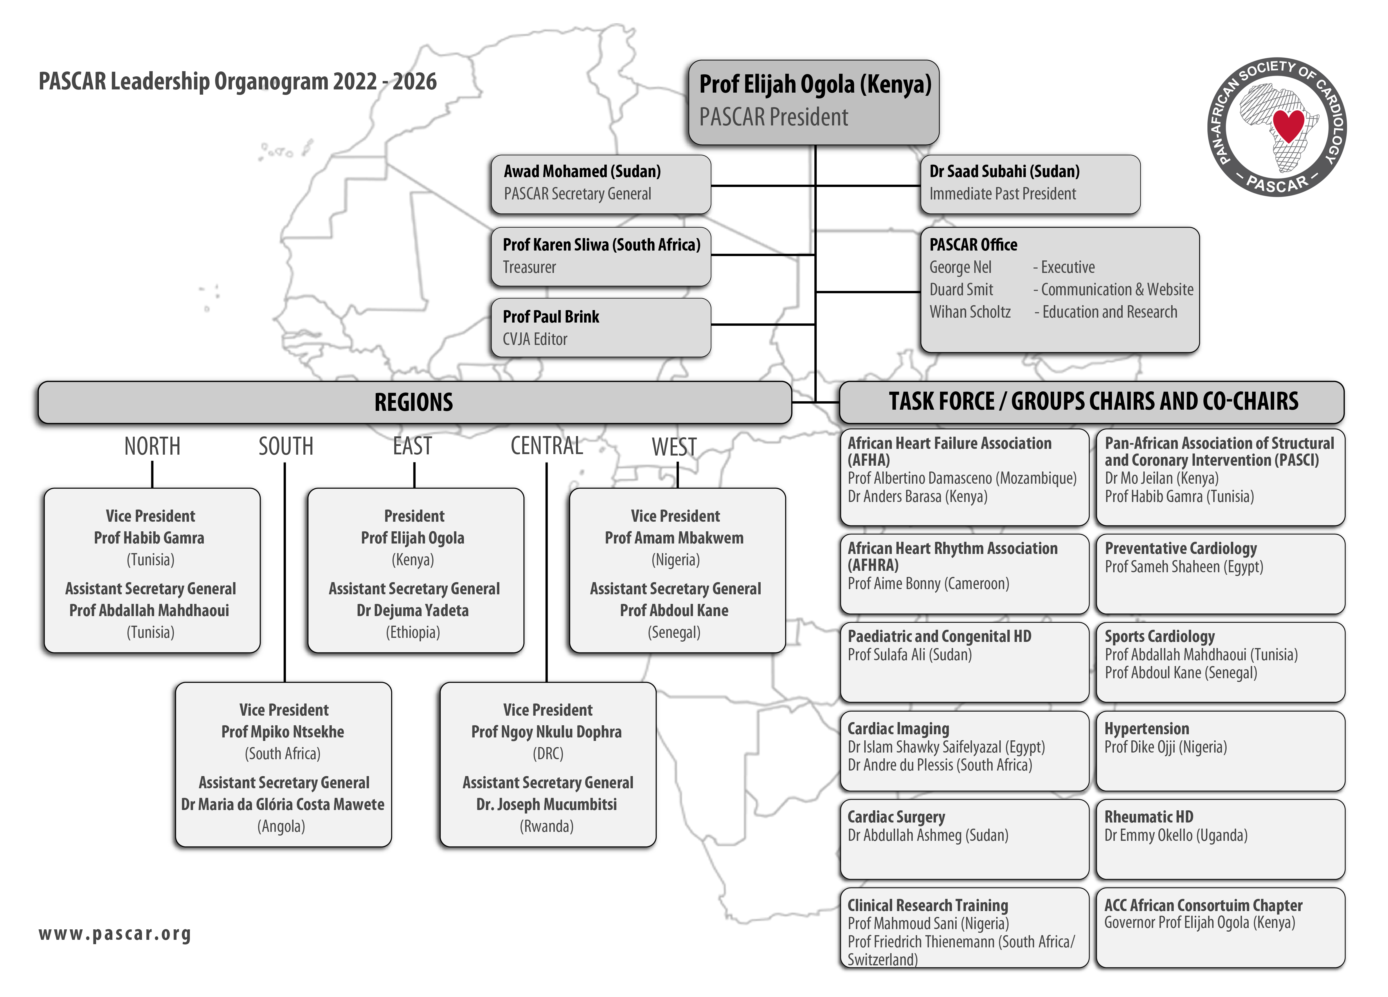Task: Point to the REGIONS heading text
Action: (414, 402)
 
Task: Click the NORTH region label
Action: (152, 446)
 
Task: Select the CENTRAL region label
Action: (546, 446)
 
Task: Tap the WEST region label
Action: (674, 446)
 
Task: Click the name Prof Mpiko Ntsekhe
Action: (283, 732)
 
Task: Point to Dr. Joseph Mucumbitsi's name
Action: (546, 804)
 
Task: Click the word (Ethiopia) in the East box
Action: (413, 632)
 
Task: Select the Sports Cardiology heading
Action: (1160, 636)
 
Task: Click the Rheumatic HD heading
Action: (1149, 817)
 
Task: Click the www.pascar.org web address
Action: (115, 934)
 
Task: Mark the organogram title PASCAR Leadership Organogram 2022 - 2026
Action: (237, 81)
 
